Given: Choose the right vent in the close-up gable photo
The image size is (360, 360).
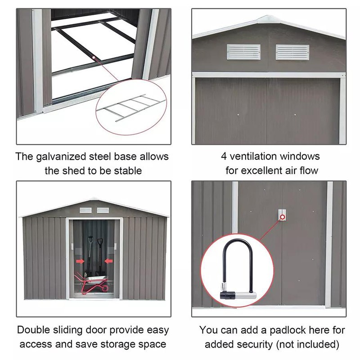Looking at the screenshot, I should pos(292,52).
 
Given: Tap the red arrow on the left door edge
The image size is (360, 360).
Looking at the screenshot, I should pos(80,261).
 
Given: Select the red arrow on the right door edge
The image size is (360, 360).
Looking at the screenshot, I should pos(108,261).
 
